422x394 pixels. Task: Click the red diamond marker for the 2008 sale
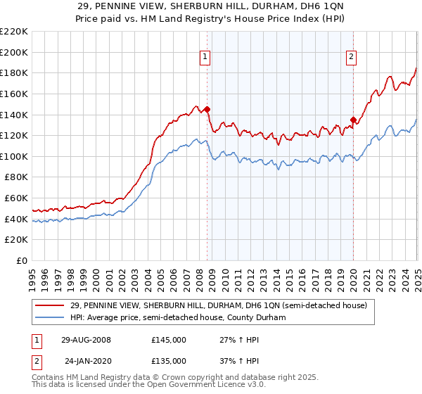207,110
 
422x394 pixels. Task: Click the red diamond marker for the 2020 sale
353,120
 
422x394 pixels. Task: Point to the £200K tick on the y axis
15,52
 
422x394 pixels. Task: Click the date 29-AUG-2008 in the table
86,340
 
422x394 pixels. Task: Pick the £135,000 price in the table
169,361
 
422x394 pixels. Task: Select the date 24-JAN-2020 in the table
86,361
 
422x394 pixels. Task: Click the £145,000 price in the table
169,340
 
